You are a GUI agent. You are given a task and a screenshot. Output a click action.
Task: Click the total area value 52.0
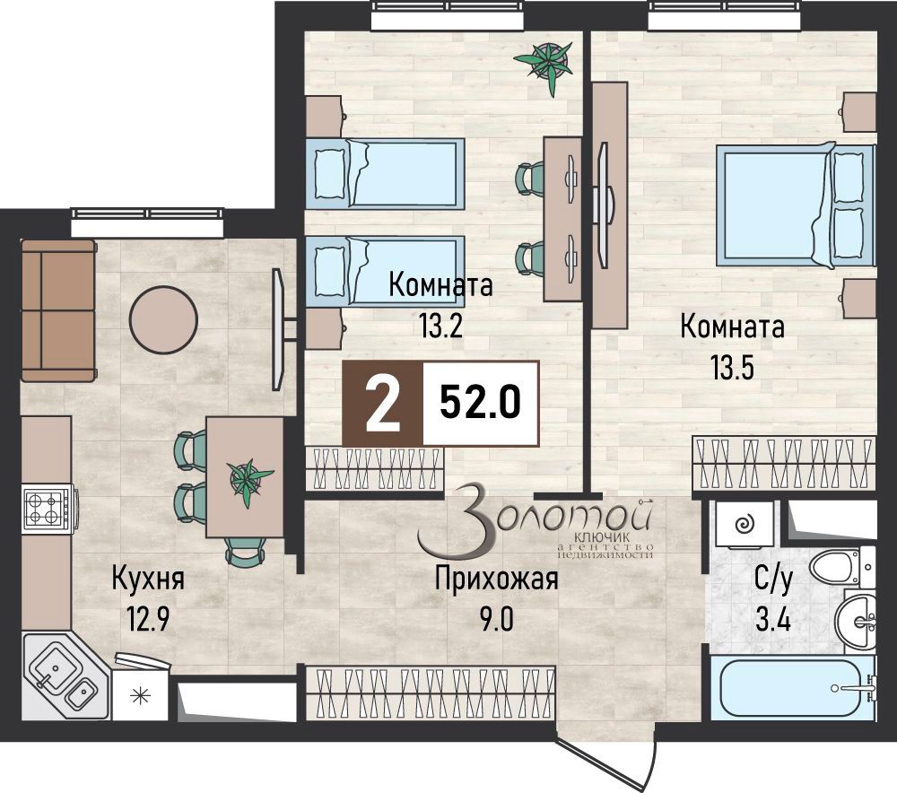(x=480, y=405)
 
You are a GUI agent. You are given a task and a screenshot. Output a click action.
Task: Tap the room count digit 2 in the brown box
(x=383, y=405)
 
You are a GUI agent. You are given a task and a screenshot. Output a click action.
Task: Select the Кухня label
(x=148, y=579)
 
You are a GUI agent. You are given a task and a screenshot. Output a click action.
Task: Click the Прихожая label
(x=496, y=579)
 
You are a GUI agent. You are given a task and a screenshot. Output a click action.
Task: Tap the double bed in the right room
(x=794, y=205)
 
